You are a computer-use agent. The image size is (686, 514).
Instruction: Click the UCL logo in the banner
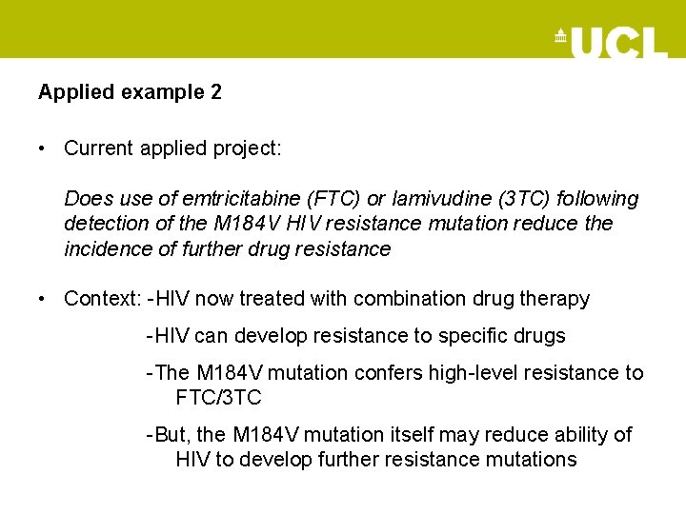click(612, 42)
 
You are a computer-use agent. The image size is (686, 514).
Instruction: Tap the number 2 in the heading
click(216, 92)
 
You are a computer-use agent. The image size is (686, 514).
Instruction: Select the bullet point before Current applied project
click(44, 148)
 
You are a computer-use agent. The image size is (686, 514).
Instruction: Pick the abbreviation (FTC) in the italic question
click(335, 199)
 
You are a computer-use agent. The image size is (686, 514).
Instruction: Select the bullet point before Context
click(44, 299)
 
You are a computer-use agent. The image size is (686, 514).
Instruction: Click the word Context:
click(102, 299)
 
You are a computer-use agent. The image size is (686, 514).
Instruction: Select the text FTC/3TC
click(218, 398)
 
